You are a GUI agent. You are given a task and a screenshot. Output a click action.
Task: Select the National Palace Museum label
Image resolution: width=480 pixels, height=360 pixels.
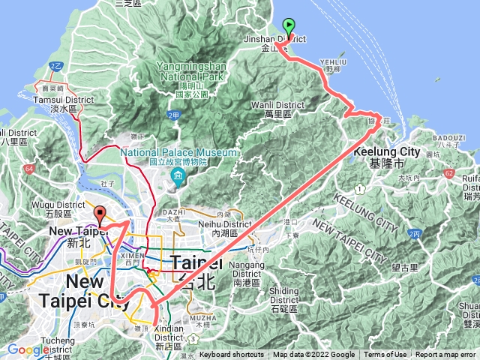(x=180, y=153)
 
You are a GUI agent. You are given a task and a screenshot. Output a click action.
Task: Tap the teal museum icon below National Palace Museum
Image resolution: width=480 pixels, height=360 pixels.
(x=178, y=178)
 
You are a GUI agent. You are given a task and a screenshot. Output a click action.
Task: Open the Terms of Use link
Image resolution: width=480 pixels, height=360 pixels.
(x=385, y=355)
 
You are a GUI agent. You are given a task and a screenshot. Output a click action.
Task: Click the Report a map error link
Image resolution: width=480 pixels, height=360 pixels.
(x=445, y=355)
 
